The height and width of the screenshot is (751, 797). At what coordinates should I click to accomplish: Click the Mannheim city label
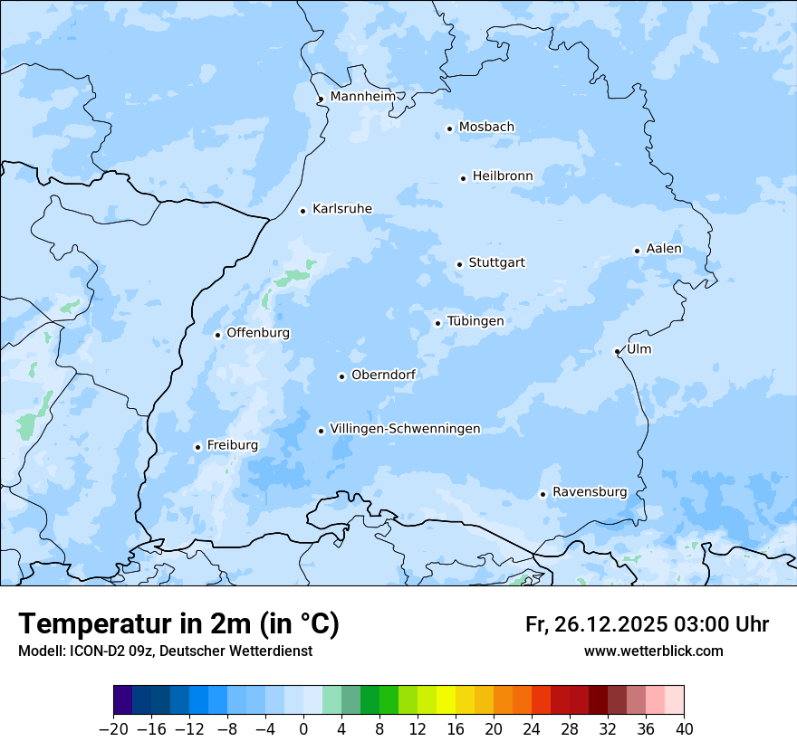(362, 97)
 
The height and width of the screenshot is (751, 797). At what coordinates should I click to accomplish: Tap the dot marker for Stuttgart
(459, 264)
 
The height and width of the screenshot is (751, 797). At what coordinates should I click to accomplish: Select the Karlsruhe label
(341, 209)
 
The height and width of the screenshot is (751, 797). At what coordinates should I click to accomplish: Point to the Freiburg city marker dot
(197, 447)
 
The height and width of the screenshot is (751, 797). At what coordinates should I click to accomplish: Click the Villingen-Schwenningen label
(405, 429)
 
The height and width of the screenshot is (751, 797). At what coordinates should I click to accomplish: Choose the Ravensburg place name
(589, 492)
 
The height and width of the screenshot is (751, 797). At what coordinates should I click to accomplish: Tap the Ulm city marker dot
(617, 351)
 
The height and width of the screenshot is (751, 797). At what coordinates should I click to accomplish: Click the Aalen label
(663, 249)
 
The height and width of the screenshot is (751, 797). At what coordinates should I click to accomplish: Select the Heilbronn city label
(502, 176)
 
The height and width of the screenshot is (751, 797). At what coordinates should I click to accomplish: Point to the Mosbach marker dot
(449, 128)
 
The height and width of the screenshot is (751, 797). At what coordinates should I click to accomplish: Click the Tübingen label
(475, 321)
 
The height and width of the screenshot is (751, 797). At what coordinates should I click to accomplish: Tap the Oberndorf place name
(383, 375)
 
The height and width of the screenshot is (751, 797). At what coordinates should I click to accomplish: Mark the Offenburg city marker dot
(217, 335)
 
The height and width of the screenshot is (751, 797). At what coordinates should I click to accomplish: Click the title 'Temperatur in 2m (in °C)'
(178, 623)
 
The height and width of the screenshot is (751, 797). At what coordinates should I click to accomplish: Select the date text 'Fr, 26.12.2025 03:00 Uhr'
(647, 624)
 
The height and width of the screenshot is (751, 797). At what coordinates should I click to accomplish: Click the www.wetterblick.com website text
(653, 651)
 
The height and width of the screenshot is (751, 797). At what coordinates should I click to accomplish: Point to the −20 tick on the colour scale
(113, 728)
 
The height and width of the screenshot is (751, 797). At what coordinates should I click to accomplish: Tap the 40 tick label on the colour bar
(684, 728)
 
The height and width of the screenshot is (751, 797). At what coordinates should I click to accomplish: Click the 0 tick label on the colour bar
(303, 728)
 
